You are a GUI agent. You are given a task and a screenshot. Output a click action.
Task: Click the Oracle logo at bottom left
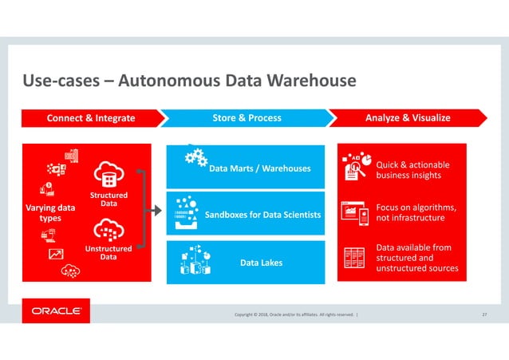click(56, 311)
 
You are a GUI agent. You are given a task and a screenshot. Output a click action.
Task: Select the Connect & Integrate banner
click(90, 118)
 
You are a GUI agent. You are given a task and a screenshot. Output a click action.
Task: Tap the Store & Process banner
click(247, 118)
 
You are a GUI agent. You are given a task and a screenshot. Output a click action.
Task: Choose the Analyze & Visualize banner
click(408, 118)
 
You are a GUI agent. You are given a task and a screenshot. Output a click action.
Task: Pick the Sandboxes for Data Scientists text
click(262, 215)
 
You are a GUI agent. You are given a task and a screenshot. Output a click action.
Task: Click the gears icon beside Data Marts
click(195, 158)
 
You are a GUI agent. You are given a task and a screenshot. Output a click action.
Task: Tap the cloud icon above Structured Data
click(108, 175)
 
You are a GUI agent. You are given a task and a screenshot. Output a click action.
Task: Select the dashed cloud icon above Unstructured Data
click(108, 231)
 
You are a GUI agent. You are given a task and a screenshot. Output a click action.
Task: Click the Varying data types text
click(50, 213)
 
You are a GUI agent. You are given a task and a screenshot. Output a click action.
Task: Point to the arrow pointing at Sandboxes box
click(156, 211)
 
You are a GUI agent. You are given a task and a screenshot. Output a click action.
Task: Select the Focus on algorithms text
click(409, 212)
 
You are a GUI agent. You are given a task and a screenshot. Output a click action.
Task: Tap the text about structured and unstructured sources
click(416, 258)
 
